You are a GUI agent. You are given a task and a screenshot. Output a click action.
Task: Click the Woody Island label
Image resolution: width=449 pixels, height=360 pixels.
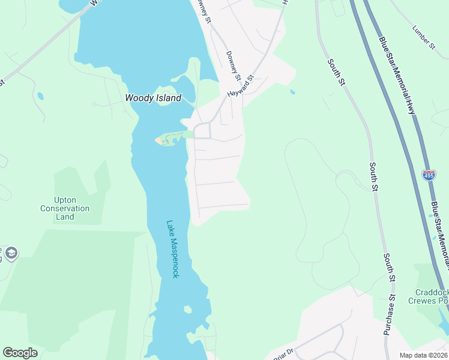coord(152,98)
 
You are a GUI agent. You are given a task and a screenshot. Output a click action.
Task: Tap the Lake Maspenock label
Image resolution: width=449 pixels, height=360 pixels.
coord(172,248)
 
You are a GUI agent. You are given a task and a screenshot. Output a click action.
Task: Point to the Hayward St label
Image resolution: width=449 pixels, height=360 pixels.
coord(241,86)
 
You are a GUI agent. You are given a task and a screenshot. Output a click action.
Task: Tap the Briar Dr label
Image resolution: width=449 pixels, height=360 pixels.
coord(282,355)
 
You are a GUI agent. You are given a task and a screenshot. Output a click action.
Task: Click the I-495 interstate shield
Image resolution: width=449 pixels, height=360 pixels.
coord(429,175)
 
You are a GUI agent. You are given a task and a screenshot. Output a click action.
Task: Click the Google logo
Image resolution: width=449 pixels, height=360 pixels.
coord(20,353)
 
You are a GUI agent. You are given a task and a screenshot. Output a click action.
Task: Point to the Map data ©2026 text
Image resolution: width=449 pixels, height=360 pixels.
coord(423,355)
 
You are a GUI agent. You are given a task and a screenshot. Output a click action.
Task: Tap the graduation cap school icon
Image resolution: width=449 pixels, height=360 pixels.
coord(11,254)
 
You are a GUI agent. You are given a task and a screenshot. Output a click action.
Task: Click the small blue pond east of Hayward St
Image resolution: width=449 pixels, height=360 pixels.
coord(292,92)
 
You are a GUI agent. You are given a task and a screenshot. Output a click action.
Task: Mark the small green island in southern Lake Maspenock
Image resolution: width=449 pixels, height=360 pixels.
coord(188,310)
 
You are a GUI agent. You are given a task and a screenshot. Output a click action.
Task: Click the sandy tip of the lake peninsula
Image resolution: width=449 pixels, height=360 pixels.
coord(160,141)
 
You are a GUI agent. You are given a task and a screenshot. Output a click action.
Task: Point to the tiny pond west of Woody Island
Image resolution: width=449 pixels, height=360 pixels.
coord(40,96)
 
